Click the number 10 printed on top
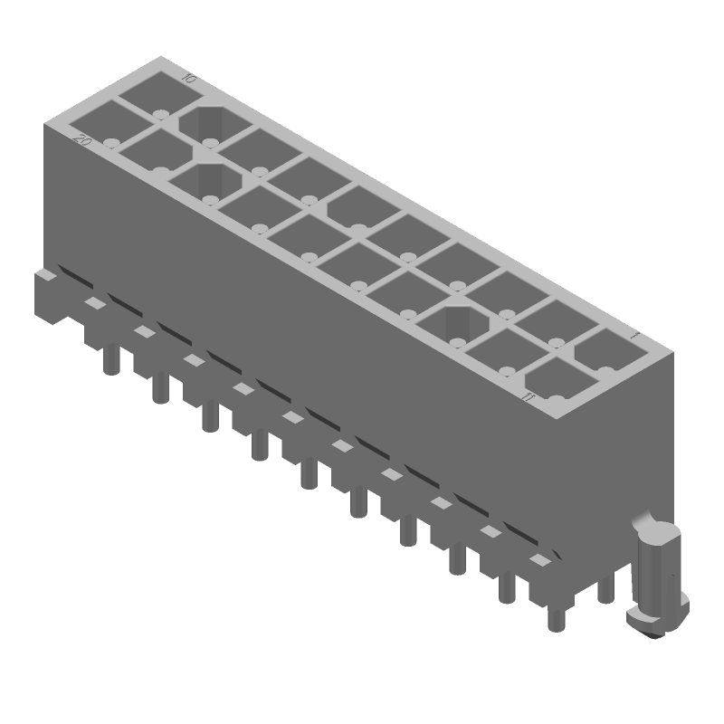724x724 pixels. click(x=188, y=79)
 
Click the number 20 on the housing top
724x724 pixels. click(x=81, y=140)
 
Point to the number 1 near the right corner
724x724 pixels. click(x=635, y=337)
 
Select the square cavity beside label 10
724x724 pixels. click(x=154, y=91)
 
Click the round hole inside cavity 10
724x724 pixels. click(x=160, y=114)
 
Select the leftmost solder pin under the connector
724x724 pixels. click(x=110, y=359)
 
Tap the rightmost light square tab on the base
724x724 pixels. click(x=539, y=561)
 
